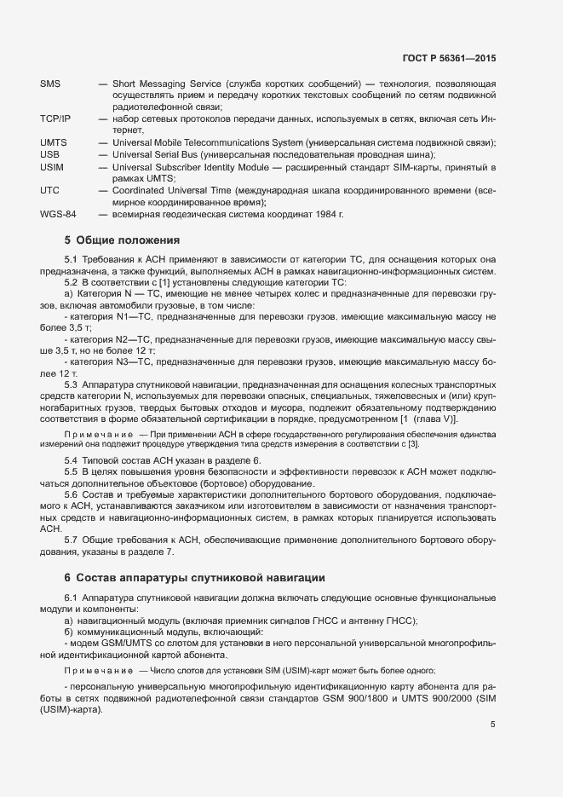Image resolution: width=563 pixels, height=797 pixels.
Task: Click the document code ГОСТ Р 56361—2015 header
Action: pos(448,59)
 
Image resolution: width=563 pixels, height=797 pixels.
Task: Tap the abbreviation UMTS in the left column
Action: pos(54,142)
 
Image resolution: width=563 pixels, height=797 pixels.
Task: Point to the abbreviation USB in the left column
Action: pos(50,154)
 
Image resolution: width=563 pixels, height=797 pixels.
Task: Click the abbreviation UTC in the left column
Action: pos(49,190)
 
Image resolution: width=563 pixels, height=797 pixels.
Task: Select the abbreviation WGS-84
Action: pos(58,214)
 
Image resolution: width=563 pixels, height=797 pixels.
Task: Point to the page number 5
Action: pos(493,725)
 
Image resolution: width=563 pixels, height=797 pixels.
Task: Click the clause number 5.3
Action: pos(72,384)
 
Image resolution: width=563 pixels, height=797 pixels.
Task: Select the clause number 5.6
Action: pos(72,494)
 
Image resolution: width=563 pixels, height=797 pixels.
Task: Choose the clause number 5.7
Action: pos(72,540)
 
